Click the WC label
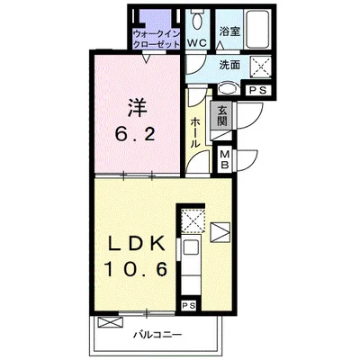click(x=198, y=43)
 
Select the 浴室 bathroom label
click(x=229, y=31)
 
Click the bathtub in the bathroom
click(x=257, y=29)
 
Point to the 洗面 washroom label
click(x=229, y=65)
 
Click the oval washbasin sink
click(x=228, y=88)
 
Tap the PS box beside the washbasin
click(x=258, y=91)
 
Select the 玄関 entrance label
click(x=222, y=115)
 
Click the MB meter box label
click(x=225, y=159)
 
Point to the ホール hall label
click(x=195, y=132)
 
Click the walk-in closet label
click(x=157, y=39)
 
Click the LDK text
click(x=137, y=245)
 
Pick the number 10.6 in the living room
click(x=136, y=268)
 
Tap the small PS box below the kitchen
click(x=189, y=306)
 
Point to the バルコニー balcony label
click(x=157, y=334)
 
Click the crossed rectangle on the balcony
click(x=110, y=322)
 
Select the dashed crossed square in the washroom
click(x=261, y=67)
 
